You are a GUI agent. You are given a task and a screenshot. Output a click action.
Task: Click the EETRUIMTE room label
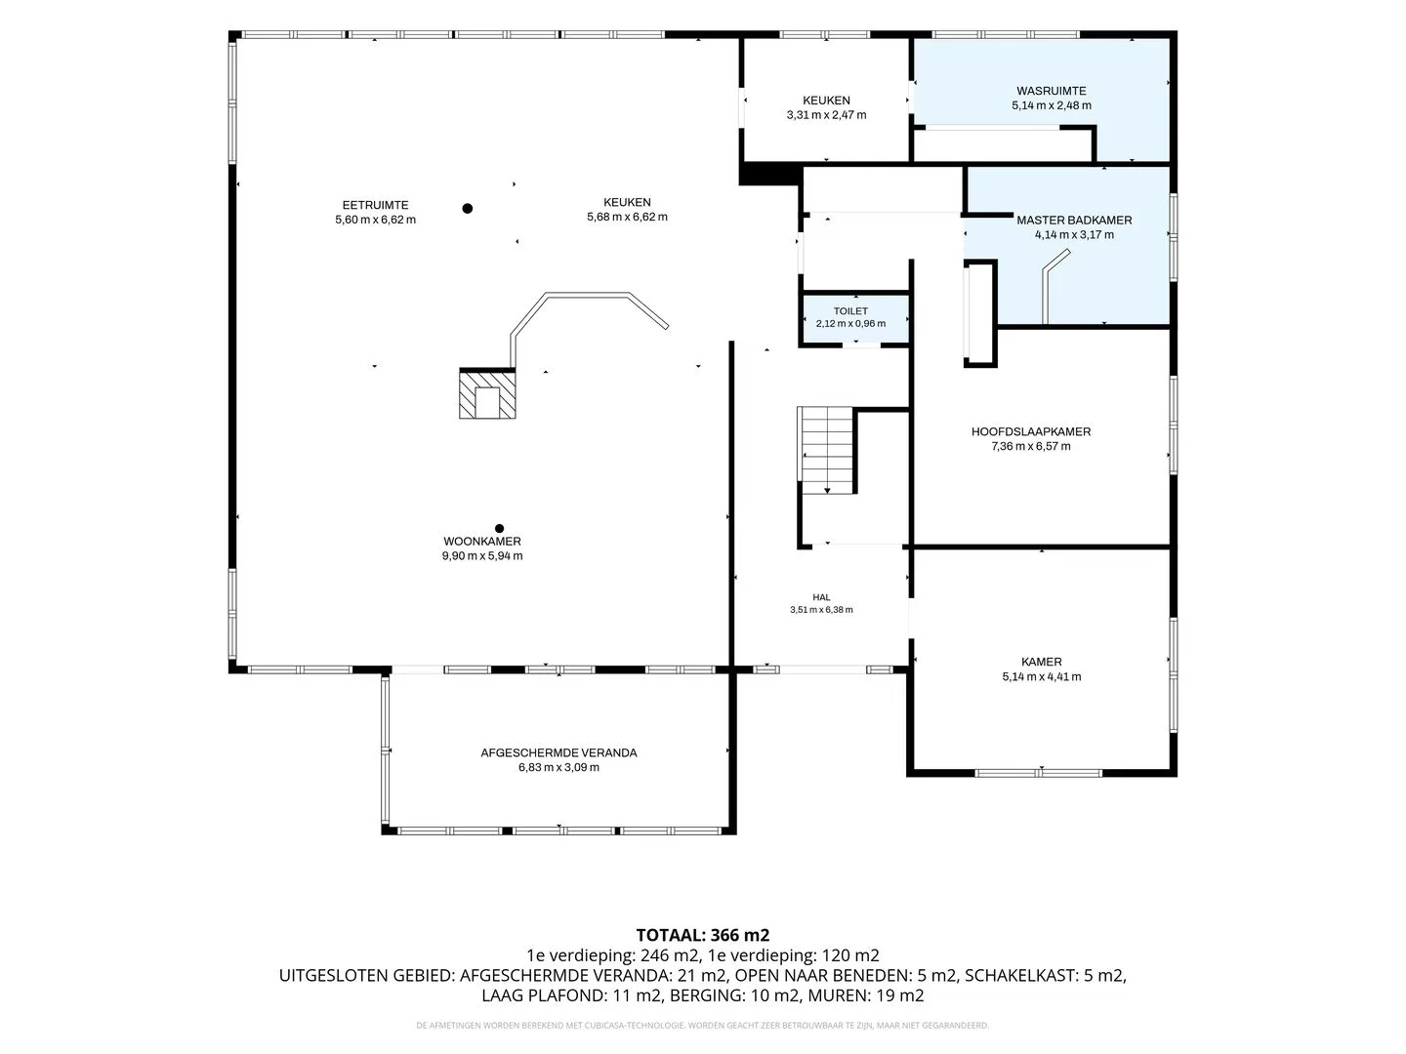coord(375,205)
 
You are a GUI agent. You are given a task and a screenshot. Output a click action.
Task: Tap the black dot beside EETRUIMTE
coord(468,208)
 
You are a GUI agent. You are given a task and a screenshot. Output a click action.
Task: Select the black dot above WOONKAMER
coord(500,529)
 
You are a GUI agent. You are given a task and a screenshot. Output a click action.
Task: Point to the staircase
coord(826,451)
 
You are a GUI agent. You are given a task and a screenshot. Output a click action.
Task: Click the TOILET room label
coord(850,311)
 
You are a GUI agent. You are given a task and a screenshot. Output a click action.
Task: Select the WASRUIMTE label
coord(1052,91)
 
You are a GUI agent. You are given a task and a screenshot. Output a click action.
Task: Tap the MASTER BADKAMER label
coord(1074,221)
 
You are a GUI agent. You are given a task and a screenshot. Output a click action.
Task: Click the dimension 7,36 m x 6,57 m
coord(1031,446)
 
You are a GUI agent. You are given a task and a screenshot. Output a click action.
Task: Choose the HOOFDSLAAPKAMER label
coord(1031,432)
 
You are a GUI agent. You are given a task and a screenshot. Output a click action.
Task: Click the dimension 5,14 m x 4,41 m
coord(1042,676)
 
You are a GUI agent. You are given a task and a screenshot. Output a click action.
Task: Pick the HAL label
coord(821,597)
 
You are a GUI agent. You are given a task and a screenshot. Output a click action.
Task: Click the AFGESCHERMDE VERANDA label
coord(558,752)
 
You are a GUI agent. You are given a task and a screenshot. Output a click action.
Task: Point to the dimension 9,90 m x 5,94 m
coord(482,556)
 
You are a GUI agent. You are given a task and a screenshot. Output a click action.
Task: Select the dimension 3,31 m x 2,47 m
coord(826,115)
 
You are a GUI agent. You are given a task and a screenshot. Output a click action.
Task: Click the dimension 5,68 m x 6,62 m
coord(627,217)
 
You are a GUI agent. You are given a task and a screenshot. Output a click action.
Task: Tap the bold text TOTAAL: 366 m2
coord(703,935)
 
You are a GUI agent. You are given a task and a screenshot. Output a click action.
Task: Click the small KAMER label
coord(1042,663)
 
